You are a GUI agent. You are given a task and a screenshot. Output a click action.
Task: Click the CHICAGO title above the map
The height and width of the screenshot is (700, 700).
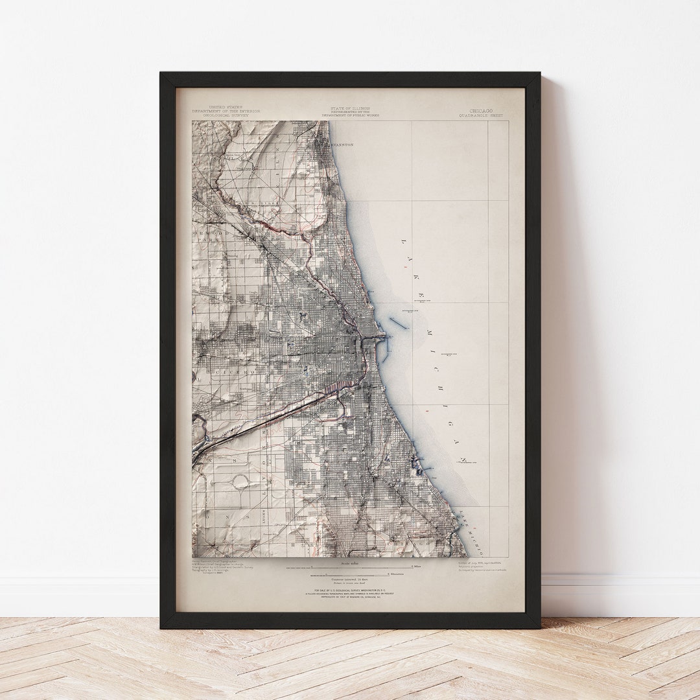(482, 111)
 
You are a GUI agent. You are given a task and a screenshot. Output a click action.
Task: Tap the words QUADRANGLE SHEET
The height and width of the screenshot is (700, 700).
(481, 116)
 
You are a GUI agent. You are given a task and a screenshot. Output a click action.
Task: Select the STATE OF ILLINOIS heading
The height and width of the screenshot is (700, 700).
(350, 108)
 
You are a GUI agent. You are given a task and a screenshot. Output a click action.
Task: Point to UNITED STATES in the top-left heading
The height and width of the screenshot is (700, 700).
(225, 107)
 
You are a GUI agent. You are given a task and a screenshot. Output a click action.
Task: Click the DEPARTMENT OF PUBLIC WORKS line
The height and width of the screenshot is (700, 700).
(350, 115)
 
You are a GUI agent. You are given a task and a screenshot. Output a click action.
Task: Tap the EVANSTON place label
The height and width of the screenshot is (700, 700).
(342, 145)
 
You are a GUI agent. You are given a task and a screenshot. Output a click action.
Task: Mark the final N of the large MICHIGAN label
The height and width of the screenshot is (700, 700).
(463, 460)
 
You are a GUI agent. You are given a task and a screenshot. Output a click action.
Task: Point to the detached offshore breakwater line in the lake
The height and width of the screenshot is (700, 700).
(399, 322)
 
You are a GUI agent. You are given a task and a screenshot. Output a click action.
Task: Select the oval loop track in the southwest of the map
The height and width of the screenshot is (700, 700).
(241, 481)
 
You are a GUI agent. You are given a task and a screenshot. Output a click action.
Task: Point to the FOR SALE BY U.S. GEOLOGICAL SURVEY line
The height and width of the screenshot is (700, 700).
(350, 590)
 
